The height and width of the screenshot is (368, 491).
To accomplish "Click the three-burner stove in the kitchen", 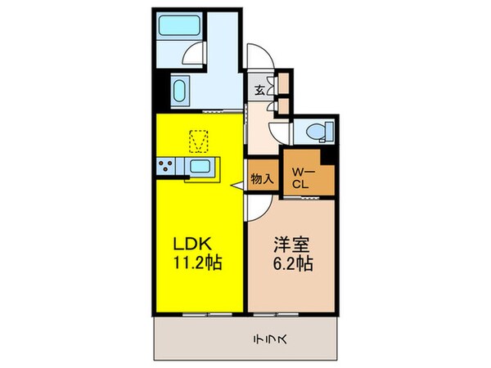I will click(x=167, y=167).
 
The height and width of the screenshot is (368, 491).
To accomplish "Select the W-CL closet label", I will click(x=302, y=177).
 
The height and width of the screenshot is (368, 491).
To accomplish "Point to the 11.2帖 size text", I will click(x=197, y=264).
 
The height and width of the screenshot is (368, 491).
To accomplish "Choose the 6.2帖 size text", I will click(x=291, y=264).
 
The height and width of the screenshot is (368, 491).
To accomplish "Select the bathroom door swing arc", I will click(x=193, y=54).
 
